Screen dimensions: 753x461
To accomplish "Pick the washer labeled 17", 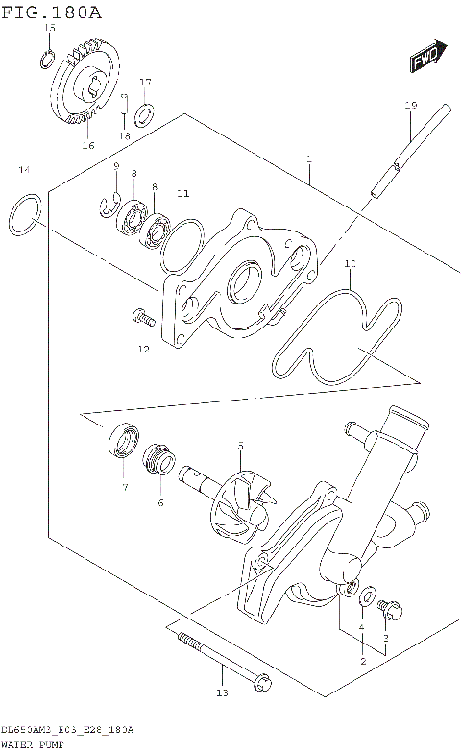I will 144,116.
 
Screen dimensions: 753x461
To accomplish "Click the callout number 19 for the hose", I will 410,105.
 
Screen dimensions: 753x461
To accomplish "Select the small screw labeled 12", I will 141,315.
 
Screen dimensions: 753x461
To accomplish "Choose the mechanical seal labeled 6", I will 158,460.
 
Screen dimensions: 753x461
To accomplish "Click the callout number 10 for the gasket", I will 350,262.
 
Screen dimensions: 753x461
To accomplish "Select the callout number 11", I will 182,193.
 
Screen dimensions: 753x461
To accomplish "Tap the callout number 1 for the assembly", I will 308,158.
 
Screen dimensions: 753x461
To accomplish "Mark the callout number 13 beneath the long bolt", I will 221,693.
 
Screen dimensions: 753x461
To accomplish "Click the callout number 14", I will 24,170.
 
